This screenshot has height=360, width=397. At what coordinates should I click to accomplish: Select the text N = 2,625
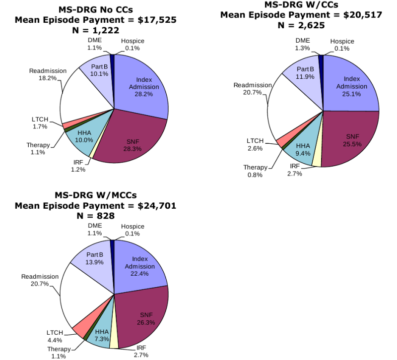click(301, 25)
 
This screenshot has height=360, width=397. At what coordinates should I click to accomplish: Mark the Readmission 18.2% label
click(48, 74)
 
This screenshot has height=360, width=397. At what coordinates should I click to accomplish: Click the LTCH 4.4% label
click(55, 336)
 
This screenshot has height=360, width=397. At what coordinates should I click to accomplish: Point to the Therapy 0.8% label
click(256, 171)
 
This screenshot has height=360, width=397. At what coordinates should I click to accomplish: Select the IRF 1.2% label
click(78, 166)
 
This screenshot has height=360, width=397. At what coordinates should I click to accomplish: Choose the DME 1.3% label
click(302, 45)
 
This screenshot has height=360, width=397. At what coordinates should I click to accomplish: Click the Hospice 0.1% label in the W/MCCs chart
click(132, 230)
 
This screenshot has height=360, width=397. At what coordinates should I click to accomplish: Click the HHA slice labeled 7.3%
click(102, 334)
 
